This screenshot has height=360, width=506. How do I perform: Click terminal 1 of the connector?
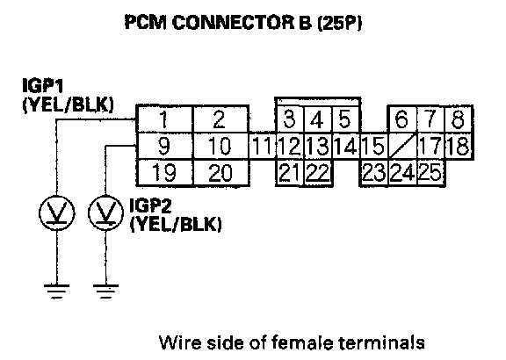coord(164,119)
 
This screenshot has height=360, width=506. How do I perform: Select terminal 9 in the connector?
coord(164,146)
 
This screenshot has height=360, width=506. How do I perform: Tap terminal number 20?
coord(220,173)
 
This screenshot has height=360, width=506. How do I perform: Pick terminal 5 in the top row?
coord(345,119)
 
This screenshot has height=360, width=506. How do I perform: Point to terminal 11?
coord(262,146)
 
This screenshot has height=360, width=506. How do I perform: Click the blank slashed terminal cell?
coord(402,146)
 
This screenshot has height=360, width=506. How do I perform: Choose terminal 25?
coord(430,172)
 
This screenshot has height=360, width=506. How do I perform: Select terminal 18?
coord(459,146)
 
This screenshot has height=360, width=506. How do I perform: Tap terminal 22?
coord(318,172)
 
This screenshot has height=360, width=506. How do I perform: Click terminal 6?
coord(401,119)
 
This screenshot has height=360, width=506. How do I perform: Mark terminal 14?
coord(346,146)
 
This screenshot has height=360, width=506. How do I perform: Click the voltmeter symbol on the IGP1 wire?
coord(57,212)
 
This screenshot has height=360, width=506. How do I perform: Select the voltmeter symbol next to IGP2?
coord(105,212)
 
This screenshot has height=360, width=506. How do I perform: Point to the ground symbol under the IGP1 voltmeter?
coord(57,292)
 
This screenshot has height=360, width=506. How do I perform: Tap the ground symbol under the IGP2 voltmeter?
coord(105,292)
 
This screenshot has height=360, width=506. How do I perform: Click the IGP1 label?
coord(43,85)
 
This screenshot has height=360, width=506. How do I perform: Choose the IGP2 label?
coord(150,205)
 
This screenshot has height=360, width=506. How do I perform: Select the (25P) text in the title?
coord(339,23)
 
